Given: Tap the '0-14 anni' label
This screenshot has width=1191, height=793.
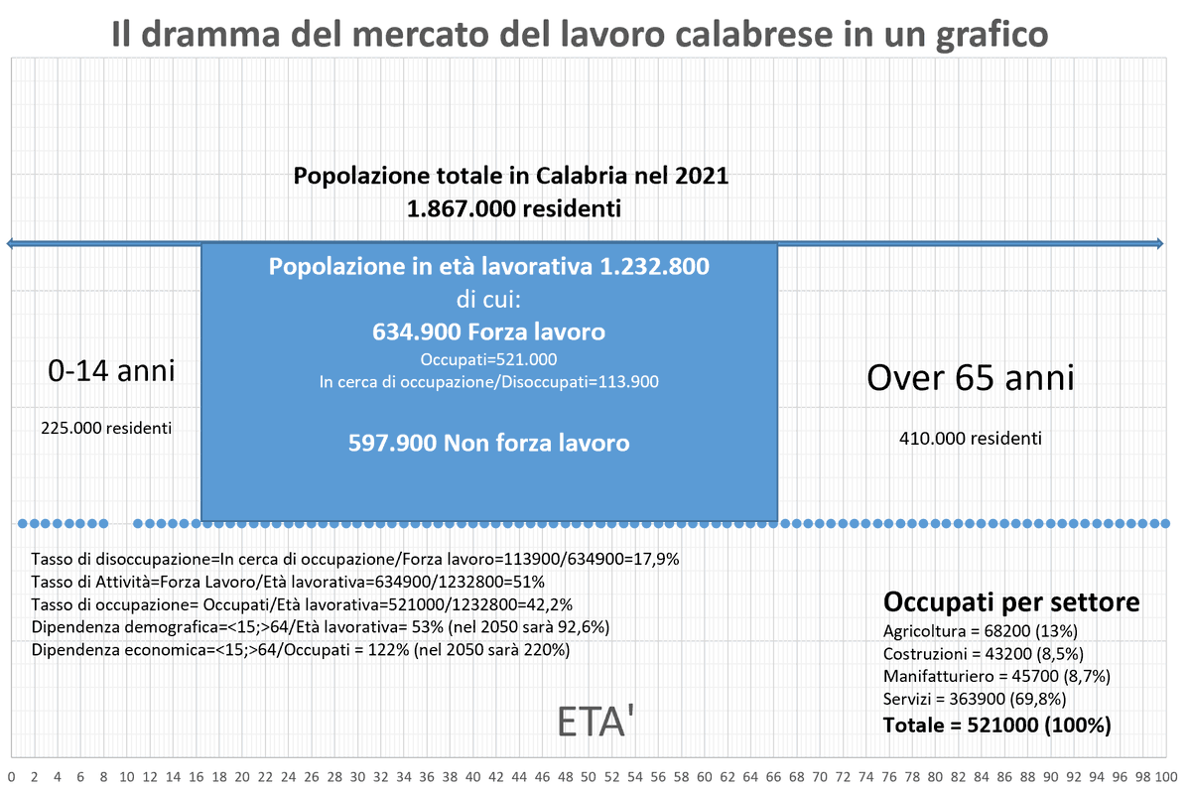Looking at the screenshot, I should click(111, 371).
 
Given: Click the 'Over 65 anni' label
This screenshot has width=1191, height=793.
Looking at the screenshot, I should click(970, 377).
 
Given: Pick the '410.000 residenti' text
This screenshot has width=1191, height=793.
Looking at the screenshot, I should click(970, 437).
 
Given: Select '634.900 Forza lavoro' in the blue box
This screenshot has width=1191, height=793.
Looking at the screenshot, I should click(488, 330).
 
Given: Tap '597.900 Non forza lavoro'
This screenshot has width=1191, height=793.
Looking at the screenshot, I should click(488, 444).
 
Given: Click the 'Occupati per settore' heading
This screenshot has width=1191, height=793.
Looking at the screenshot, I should click(1010, 602).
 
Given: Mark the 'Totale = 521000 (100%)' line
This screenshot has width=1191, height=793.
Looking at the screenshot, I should click(996, 726).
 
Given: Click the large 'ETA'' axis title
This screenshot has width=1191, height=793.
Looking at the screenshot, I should click(596, 724).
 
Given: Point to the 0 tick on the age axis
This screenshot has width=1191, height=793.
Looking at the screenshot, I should click(11, 776).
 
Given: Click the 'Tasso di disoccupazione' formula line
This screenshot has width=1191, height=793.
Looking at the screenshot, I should click(354, 559).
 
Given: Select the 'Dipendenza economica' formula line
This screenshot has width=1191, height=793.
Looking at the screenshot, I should click(300, 650).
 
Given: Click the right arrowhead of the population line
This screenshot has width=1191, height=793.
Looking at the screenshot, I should click(1161, 242).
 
